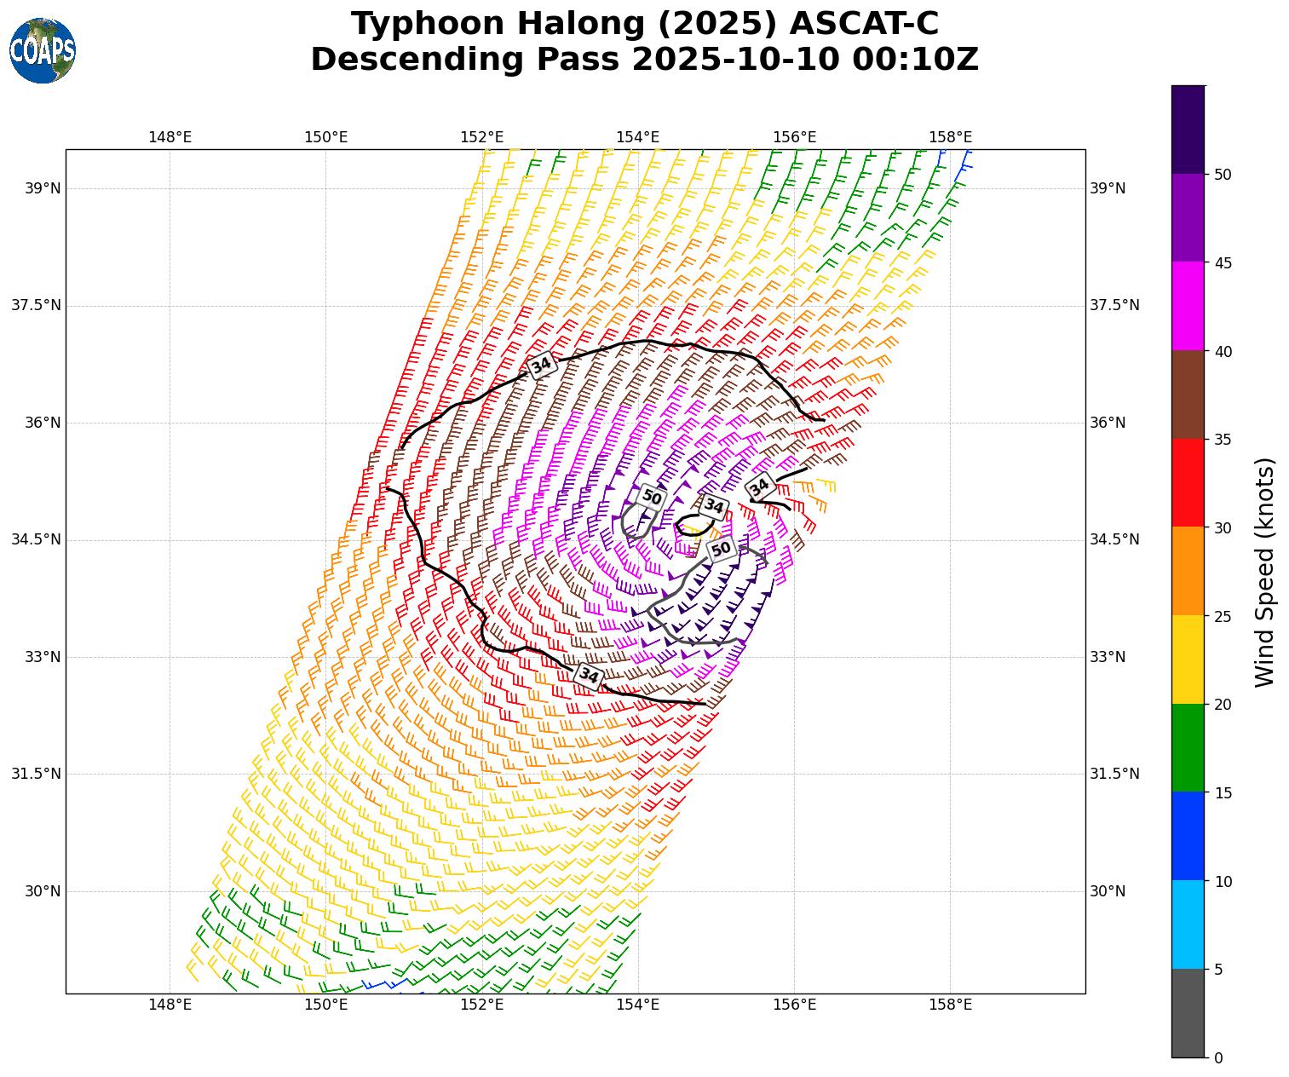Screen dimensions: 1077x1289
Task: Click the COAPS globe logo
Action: point(43,51)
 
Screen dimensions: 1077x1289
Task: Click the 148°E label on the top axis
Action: point(170,137)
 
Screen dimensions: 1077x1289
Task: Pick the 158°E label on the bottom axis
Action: point(950,1005)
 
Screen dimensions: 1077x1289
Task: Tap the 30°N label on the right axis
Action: point(1108,891)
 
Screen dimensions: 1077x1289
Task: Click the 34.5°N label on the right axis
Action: point(1114,539)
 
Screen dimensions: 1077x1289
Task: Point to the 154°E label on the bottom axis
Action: point(638,1005)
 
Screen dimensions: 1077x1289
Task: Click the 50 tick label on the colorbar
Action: point(1223,175)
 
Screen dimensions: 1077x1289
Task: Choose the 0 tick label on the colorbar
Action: point(1218,1058)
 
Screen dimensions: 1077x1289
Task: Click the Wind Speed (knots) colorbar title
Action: point(1266,572)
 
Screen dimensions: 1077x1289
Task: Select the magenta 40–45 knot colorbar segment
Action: point(1188,306)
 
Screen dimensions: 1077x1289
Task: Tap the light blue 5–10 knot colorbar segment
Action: point(1188,924)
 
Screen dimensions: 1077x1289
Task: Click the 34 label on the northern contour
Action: point(542,366)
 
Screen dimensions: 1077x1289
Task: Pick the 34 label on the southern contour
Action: point(589,676)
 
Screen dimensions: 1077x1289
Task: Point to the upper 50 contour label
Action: point(652,497)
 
